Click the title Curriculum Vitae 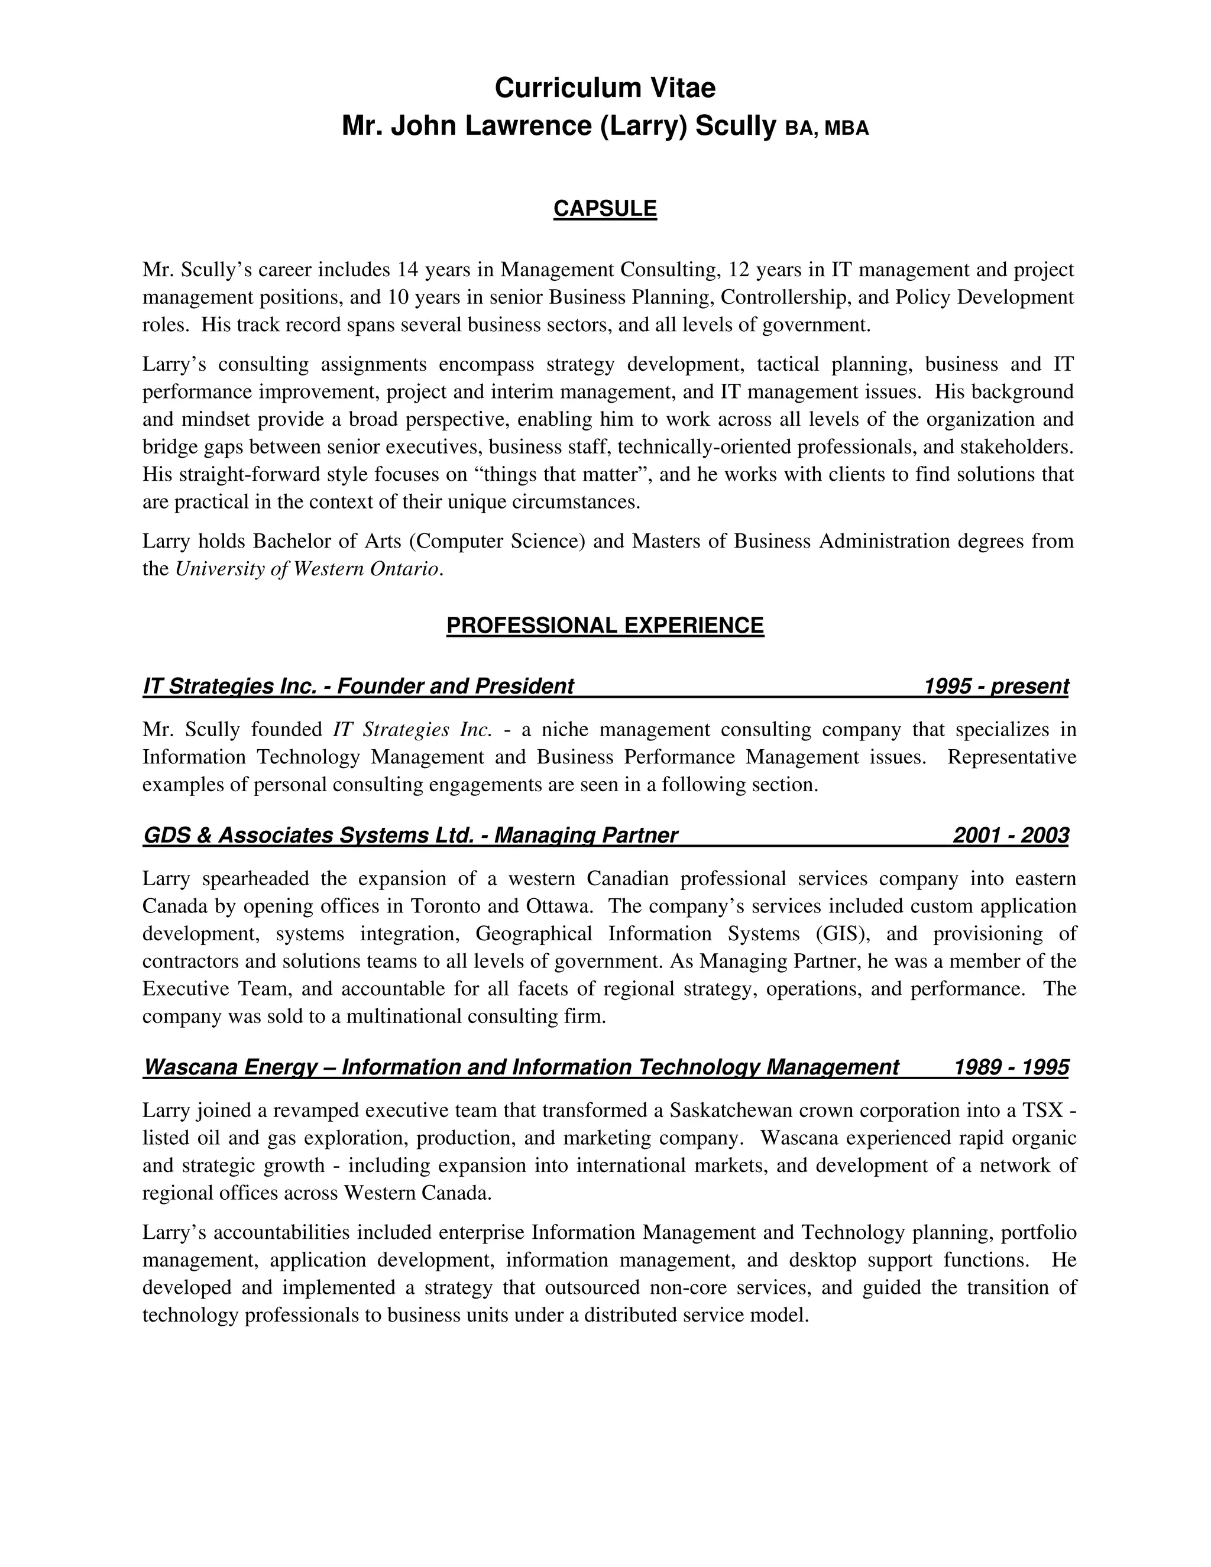(x=605, y=88)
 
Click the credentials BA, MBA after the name (x=827, y=128)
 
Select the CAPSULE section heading (x=605, y=209)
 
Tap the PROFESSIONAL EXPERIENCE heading (x=605, y=626)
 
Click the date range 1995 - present (x=996, y=687)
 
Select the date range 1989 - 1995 (x=1010, y=1067)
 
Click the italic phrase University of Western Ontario (x=307, y=569)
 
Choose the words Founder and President (x=455, y=687)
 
